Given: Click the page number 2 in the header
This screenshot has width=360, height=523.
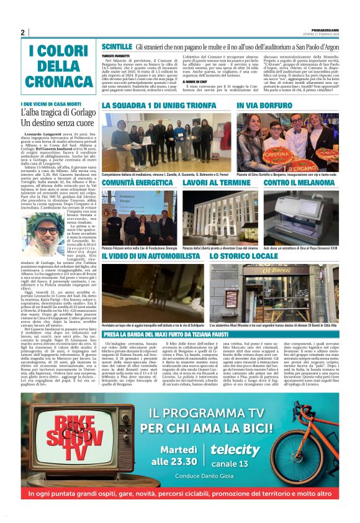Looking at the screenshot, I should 22,32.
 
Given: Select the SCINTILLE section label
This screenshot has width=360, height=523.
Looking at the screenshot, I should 117,47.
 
